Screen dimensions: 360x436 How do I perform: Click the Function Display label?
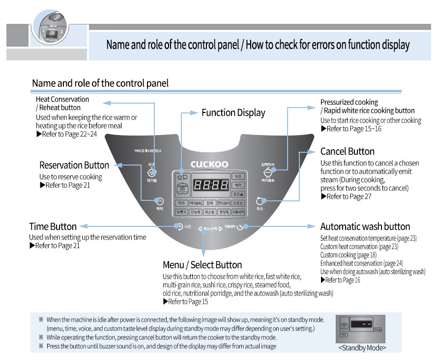click(233, 112)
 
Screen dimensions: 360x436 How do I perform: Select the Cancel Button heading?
click(347, 151)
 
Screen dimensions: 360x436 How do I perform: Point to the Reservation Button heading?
click(74, 165)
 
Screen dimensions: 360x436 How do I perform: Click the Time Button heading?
click(53, 226)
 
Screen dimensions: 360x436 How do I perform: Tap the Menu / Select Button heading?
click(202, 265)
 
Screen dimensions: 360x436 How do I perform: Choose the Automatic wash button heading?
click(365, 226)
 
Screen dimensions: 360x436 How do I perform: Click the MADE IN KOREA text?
click(147, 151)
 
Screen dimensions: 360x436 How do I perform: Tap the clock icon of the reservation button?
click(160, 201)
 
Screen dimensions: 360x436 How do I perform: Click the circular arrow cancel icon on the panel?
click(260, 200)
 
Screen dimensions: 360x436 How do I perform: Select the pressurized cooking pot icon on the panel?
click(268, 172)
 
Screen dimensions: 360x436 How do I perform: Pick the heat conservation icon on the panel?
click(152, 172)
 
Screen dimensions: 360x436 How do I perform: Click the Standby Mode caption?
click(362, 348)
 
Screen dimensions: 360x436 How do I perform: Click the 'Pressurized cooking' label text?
click(349, 102)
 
